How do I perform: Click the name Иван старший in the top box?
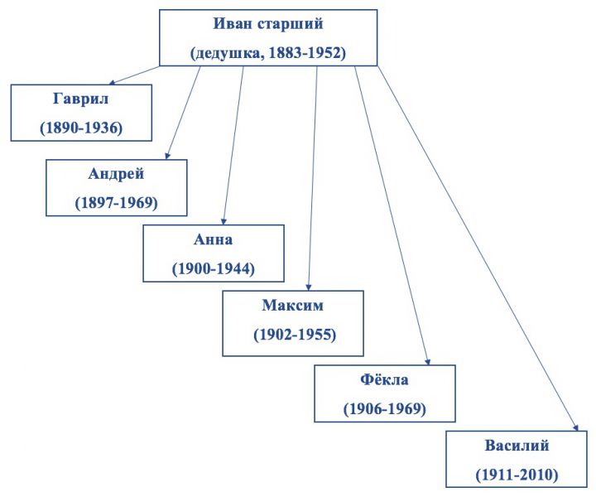[x=268, y=26]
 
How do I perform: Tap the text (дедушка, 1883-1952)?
[x=268, y=53]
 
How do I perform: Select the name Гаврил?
[x=80, y=99]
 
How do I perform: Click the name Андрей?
[x=116, y=174]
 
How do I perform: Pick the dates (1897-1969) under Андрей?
[x=116, y=202]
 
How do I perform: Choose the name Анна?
[x=213, y=239]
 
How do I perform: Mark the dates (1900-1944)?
[x=213, y=268]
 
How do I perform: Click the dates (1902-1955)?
[x=293, y=335]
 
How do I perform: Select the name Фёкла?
[x=385, y=379]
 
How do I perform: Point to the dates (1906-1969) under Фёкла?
[x=385, y=408]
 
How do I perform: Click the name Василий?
[x=517, y=446]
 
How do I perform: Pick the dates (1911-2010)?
[x=517, y=475]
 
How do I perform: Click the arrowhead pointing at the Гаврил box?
[x=112, y=82]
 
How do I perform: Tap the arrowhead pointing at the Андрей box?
[x=168, y=155]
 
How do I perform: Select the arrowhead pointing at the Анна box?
[x=225, y=220]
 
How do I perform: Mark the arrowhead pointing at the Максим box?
[x=309, y=286]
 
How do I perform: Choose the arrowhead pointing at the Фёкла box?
[x=427, y=360]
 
